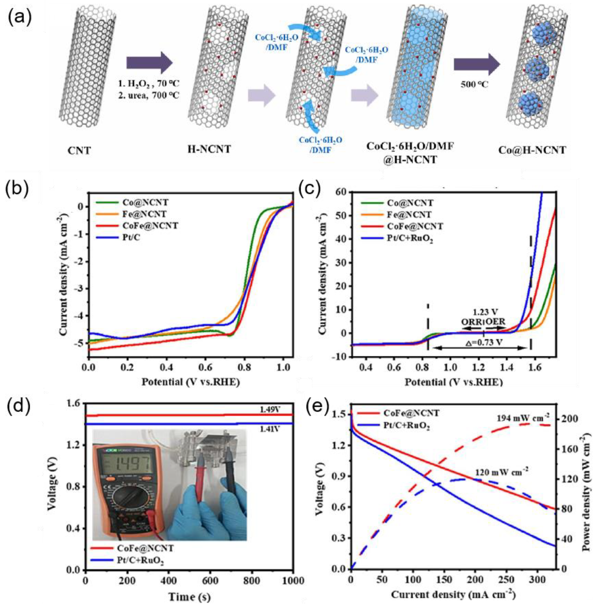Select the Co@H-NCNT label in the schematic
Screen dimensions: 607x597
pyautogui.click(x=532, y=150)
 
